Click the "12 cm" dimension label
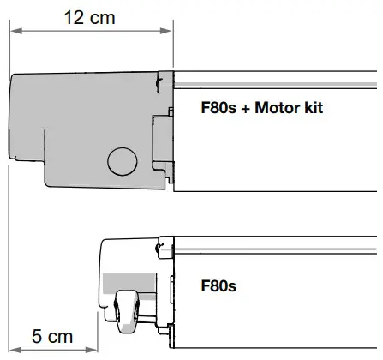(x=90, y=17)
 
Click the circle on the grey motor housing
(x=122, y=159)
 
